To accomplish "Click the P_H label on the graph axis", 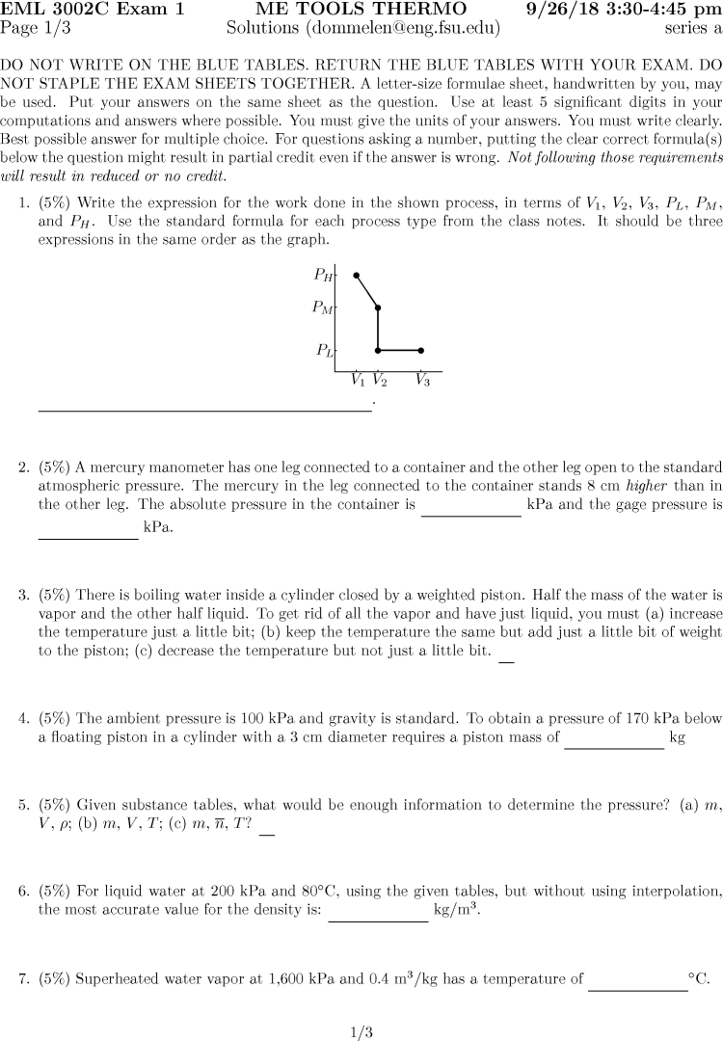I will (x=323, y=276).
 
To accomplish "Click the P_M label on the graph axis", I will (x=322, y=308).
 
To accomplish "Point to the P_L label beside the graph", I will (x=324, y=351).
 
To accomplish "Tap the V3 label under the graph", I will (x=422, y=380).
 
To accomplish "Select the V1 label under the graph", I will (x=358, y=380).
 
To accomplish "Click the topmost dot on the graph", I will (x=357, y=276).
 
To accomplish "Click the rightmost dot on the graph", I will (x=421, y=351).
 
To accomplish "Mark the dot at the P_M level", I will (x=378, y=308).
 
